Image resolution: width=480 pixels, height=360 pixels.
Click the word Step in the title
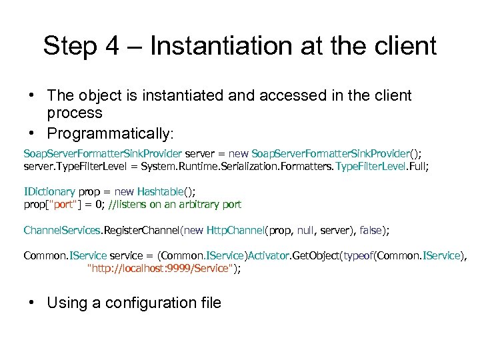tap(69, 47)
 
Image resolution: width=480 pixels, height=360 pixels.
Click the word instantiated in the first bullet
tap(185, 95)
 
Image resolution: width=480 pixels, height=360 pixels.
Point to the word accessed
tap(287, 95)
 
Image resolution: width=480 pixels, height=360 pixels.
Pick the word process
tap(75, 113)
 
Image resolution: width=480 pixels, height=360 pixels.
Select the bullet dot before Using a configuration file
tap(31, 303)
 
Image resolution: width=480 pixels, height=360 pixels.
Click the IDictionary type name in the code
tap(51, 192)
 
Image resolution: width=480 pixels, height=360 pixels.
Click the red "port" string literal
tap(65, 205)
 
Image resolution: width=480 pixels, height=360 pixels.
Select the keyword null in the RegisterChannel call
tap(305, 230)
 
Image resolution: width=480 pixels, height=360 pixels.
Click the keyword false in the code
tap(370, 230)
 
